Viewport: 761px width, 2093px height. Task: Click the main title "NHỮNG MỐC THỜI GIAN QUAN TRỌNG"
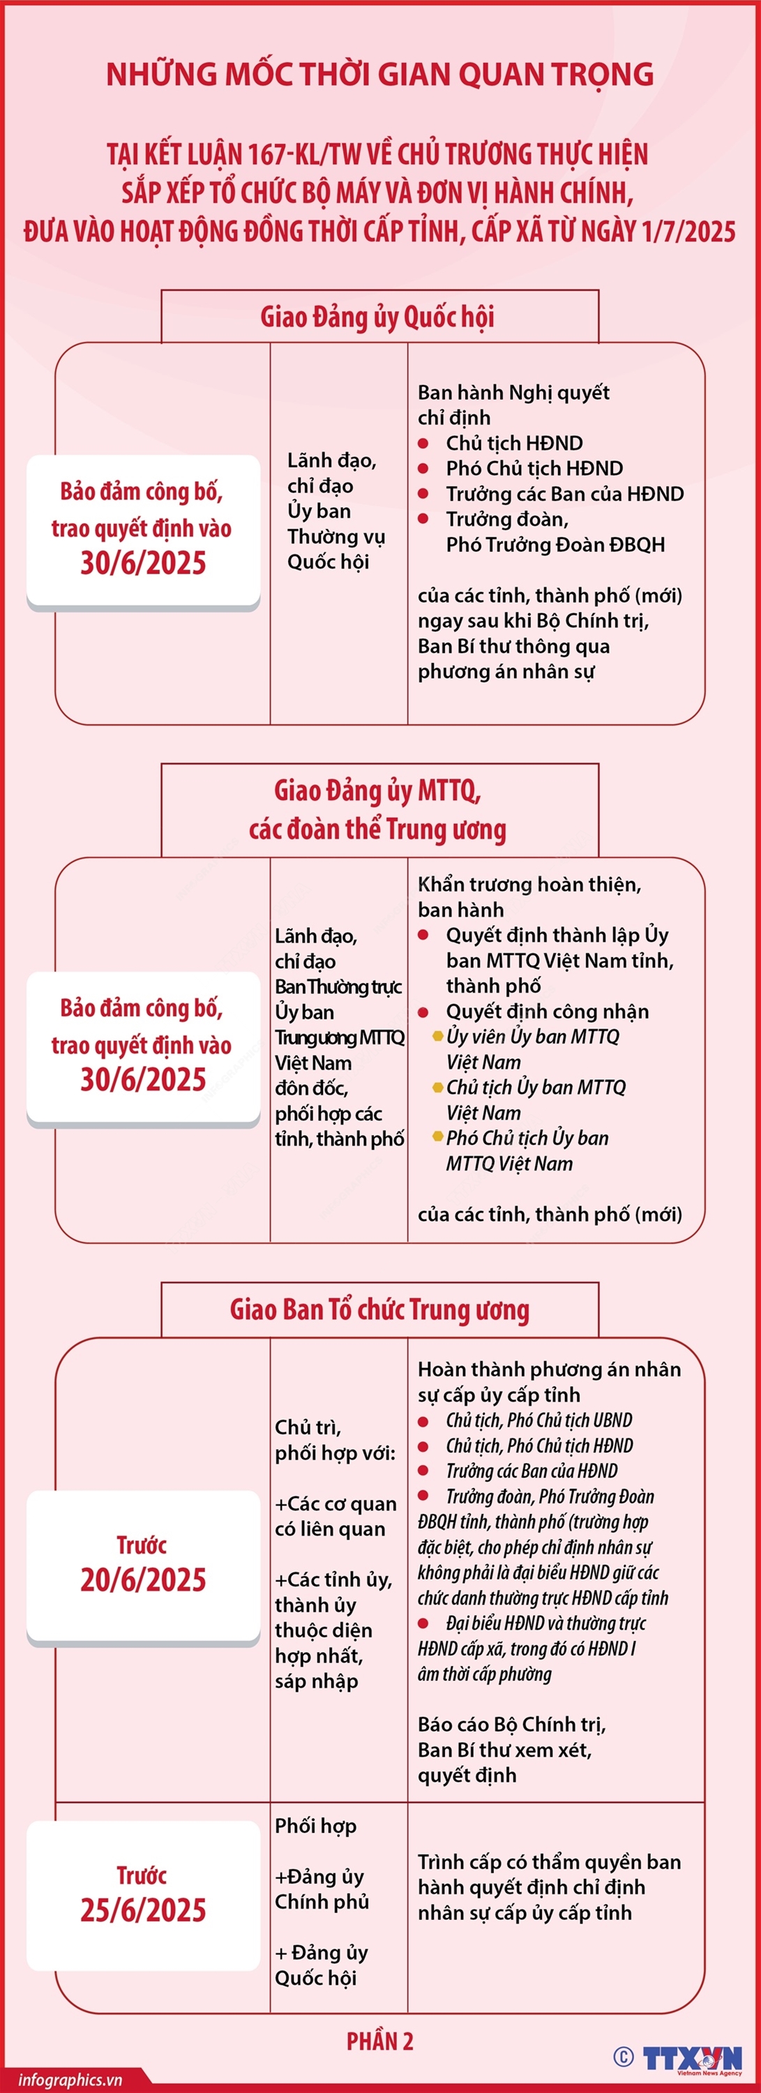pyautogui.click(x=380, y=75)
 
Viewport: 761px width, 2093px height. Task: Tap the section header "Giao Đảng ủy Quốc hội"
pyautogui.click(x=377, y=317)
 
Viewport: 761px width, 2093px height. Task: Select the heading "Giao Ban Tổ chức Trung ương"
pyautogui.click(x=379, y=1309)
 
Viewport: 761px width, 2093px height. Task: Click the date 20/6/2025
pyautogui.click(x=143, y=1579)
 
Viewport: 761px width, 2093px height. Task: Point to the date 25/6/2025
pyautogui.click(x=143, y=1910)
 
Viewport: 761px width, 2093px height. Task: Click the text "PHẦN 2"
pyautogui.click(x=379, y=2040)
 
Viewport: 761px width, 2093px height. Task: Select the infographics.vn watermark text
pyautogui.click(x=70, y=2079)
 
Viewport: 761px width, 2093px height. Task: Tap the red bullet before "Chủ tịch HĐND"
pyautogui.click(x=423, y=444)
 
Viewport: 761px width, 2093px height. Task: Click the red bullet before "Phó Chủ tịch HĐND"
pyautogui.click(x=423, y=469)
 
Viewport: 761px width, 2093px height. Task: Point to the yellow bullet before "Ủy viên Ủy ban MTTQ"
pyautogui.click(x=439, y=1036)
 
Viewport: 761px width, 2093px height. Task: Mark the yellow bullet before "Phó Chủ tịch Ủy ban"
pyautogui.click(x=439, y=1137)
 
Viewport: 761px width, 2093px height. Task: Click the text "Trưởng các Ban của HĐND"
pyautogui.click(x=564, y=494)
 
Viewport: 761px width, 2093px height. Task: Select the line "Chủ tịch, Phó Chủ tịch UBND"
pyautogui.click(x=538, y=1420)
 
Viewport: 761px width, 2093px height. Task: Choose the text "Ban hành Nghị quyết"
pyautogui.click(x=513, y=392)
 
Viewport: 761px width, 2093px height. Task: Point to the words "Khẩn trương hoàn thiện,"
pyautogui.click(x=529, y=884)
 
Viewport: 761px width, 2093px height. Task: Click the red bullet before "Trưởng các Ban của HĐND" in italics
pyautogui.click(x=423, y=1471)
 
